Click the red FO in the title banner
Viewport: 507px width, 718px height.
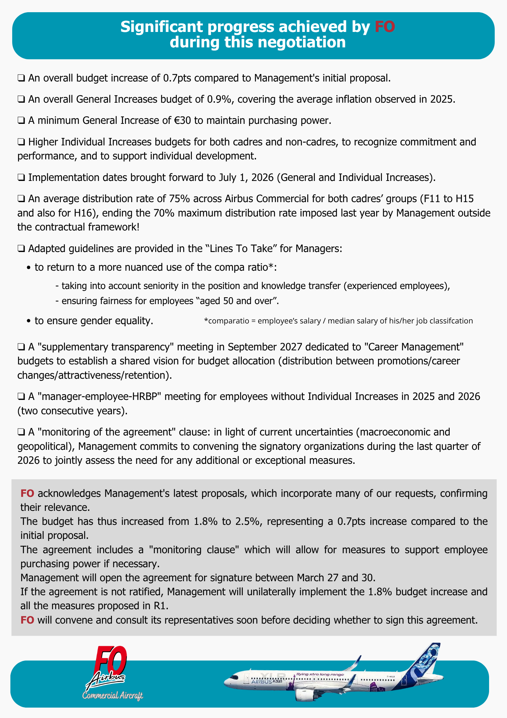click(385, 27)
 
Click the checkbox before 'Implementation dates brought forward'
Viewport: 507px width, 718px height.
click(21, 178)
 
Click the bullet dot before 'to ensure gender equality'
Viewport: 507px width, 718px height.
click(29, 321)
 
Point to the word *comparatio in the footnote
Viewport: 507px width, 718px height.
click(223, 321)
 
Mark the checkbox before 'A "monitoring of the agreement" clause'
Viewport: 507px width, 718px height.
click(21, 432)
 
